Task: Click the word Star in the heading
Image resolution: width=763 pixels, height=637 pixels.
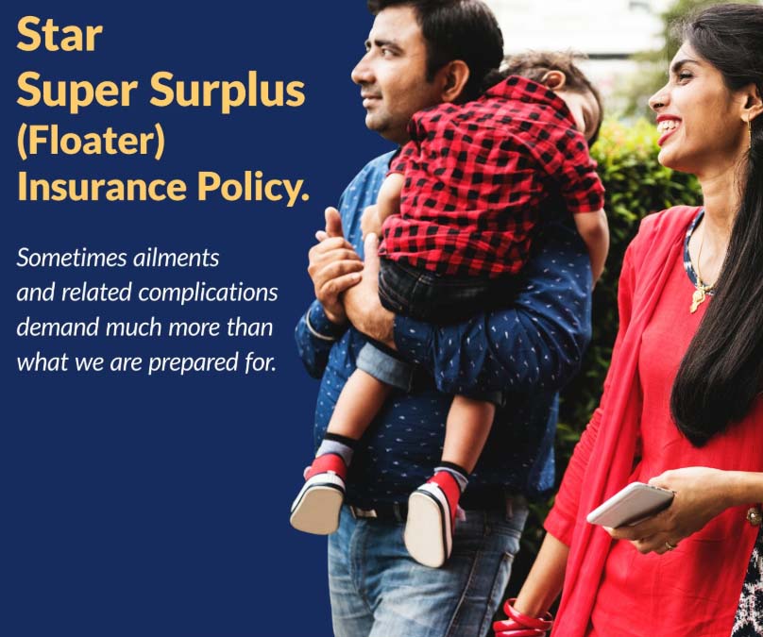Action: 59,36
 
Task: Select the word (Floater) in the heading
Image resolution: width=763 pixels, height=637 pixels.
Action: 91,140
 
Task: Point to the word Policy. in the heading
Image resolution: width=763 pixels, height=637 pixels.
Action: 252,188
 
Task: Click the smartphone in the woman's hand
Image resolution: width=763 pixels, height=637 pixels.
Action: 630,504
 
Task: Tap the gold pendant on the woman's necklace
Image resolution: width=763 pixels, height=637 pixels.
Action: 698,297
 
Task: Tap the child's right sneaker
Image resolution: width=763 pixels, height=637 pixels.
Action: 431,519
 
